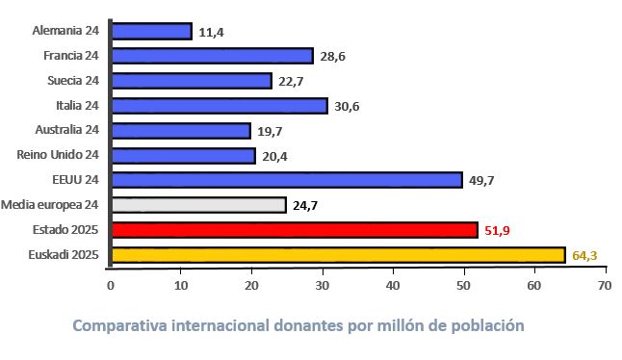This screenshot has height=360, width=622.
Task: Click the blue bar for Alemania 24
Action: pos(151,31)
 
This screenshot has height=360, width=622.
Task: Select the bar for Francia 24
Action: pos(212,56)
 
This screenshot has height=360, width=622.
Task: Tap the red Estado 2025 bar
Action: pos(295,229)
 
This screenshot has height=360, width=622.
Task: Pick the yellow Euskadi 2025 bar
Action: pos(338,254)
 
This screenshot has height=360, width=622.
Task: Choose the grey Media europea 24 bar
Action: pos(198,204)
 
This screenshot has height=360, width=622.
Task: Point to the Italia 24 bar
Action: pos(220,105)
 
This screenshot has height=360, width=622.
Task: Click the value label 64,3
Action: pos(584,255)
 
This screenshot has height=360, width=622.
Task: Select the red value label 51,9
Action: pos(498,230)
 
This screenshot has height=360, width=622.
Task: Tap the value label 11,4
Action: pos(212,32)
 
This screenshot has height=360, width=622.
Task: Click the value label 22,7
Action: pos(292,81)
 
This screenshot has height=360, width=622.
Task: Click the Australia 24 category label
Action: pos(66,129)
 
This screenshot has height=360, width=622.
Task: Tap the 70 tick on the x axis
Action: pos(604,286)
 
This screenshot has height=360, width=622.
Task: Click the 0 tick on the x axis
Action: pos(111,286)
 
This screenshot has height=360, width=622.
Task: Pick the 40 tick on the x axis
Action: pos(393,286)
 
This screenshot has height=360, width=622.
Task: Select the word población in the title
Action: pos(489,325)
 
